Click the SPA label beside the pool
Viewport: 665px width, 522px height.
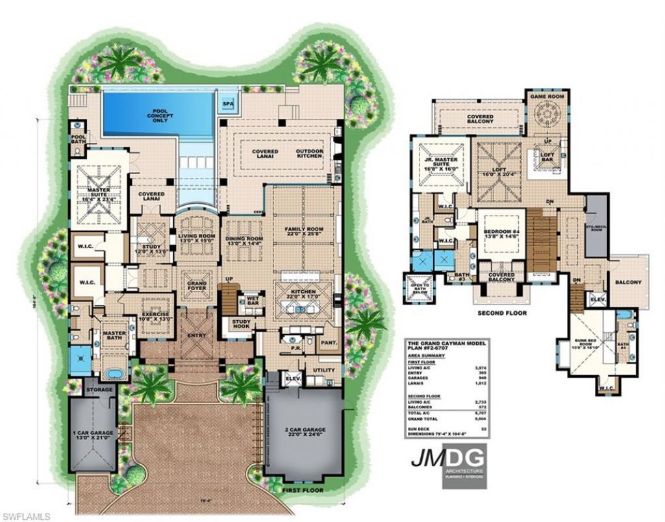coord(227,103)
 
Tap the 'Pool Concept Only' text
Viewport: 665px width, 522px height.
coord(160,116)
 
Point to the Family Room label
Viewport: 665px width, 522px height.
coord(303,232)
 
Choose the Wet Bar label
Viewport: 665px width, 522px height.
coord(249,302)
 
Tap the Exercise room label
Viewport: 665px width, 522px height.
coord(155,316)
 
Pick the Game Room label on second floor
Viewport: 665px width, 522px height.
coord(547,96)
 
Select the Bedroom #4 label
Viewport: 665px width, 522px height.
coord(500,231)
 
